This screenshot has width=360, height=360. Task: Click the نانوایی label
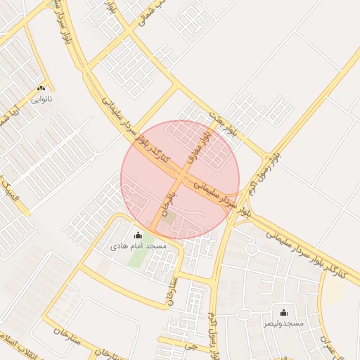tap(41, 99)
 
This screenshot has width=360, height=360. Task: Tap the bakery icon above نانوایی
tap(41, 89)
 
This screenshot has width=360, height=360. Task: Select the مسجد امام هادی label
tap(139, 247)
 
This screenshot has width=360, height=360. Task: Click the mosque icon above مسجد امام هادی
tap(138, 236)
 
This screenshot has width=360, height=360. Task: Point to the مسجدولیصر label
tap(283, 323)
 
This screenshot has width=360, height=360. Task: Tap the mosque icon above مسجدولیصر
tap(283, 312)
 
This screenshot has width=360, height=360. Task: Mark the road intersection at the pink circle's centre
tap(181, 179)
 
